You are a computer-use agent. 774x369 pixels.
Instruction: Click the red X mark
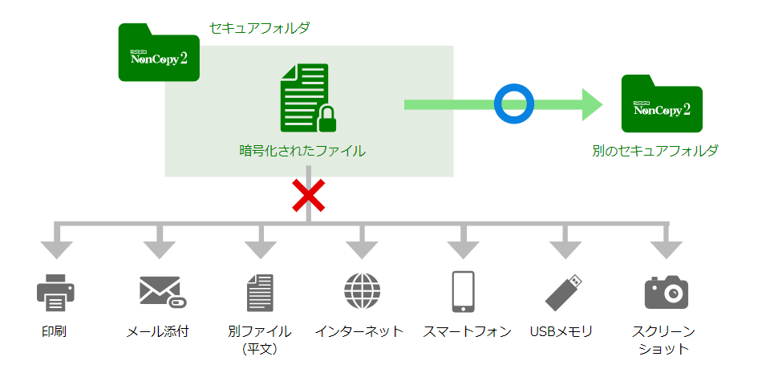pos(308,196)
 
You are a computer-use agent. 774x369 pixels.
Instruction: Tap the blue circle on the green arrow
pos(513,104)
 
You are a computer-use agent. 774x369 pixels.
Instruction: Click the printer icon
pos(55,292)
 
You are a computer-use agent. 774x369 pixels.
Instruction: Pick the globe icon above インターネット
pos(362,291)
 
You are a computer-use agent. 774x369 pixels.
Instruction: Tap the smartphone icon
pos(463,291)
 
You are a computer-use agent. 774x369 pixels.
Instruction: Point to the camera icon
pos(667,292)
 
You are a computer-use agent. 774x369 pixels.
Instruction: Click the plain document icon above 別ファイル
pos(261,292)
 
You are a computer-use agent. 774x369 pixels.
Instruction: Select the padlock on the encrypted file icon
pos(327,119)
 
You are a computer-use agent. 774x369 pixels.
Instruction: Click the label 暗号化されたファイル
pos(302,150)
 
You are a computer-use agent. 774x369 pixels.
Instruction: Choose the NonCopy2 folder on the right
pos(662,104)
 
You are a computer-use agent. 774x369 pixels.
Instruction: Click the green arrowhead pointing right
pos(592,104)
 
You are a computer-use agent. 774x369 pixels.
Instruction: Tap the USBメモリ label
pos(561,331)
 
